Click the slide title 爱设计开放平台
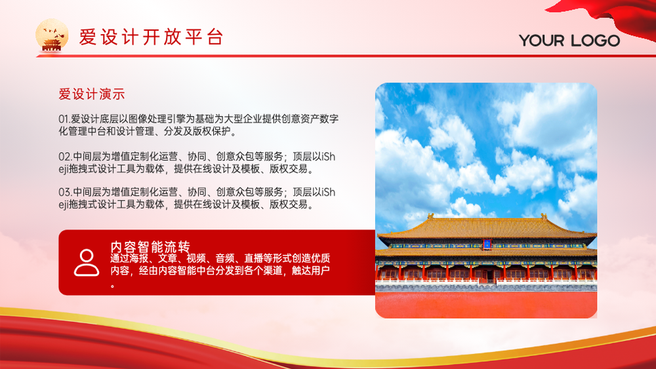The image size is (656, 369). [x=151, y=37]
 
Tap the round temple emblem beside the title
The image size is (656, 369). [x=52, y=35]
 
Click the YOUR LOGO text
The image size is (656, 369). [x=569, y=41]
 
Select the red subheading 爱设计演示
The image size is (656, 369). [x=92, y=94]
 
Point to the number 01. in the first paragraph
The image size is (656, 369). [x=64, y=119]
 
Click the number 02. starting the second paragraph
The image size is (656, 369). [x=65, y=157]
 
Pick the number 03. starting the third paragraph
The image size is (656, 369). [x=65, y=192]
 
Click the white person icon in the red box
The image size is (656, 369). [x=87, y=263]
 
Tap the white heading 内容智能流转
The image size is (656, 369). [x=150, y=246]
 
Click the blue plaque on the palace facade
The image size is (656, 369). [x=487, y=244]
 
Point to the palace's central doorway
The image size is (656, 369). [x=488, y=275]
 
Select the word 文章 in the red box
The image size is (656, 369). [x=167, y=258]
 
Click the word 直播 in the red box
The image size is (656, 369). [x=253, y=258]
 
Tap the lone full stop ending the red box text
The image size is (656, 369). [x=113, y=286]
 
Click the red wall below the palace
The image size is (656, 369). [x=486, y=304]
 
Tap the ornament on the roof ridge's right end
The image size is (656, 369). [x=544, y=216]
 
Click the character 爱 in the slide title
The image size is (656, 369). [x=88, y=37]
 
